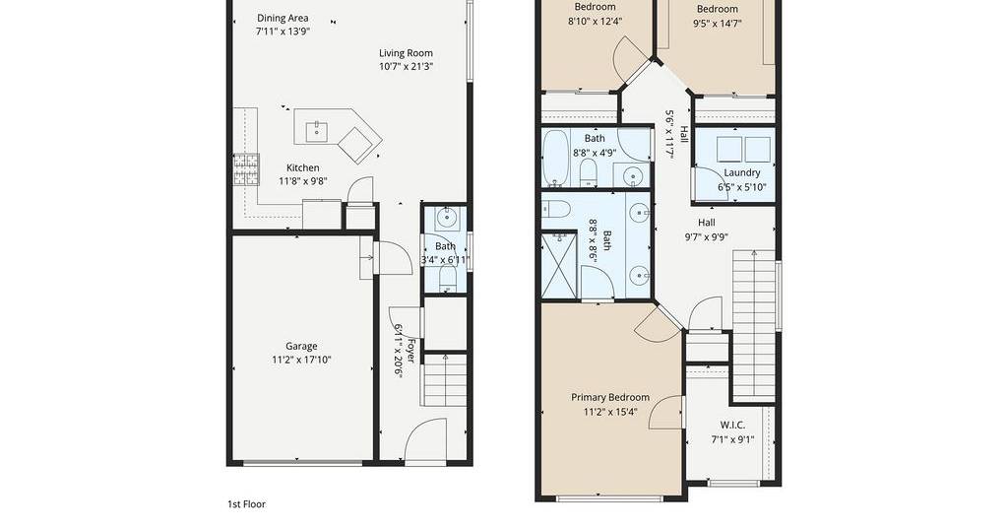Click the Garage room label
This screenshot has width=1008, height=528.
point(301,346)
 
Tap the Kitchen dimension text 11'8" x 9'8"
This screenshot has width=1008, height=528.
point(303,181)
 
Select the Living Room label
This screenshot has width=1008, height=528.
point(406,53)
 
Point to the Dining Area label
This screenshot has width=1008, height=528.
point(283,18)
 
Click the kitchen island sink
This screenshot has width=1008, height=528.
point(316,132)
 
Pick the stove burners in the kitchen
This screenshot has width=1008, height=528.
point(246,169)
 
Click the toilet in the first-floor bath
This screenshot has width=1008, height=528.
point(448,279)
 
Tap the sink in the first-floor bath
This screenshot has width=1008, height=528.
point(446,219)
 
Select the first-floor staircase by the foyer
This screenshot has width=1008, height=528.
point(445,380)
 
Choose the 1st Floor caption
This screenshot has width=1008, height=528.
point(246,504)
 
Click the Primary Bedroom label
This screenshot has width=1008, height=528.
point(610,397)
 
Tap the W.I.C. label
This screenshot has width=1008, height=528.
point(732,426)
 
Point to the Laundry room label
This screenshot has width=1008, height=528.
point(742,173)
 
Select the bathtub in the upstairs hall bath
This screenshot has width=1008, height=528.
point(555,158)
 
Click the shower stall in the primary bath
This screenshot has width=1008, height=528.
point(559,266)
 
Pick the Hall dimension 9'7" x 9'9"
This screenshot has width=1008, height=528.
point(707,236)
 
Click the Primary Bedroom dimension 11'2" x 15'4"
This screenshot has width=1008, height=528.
point(610,412)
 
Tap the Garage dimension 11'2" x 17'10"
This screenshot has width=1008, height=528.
point(301,361)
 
